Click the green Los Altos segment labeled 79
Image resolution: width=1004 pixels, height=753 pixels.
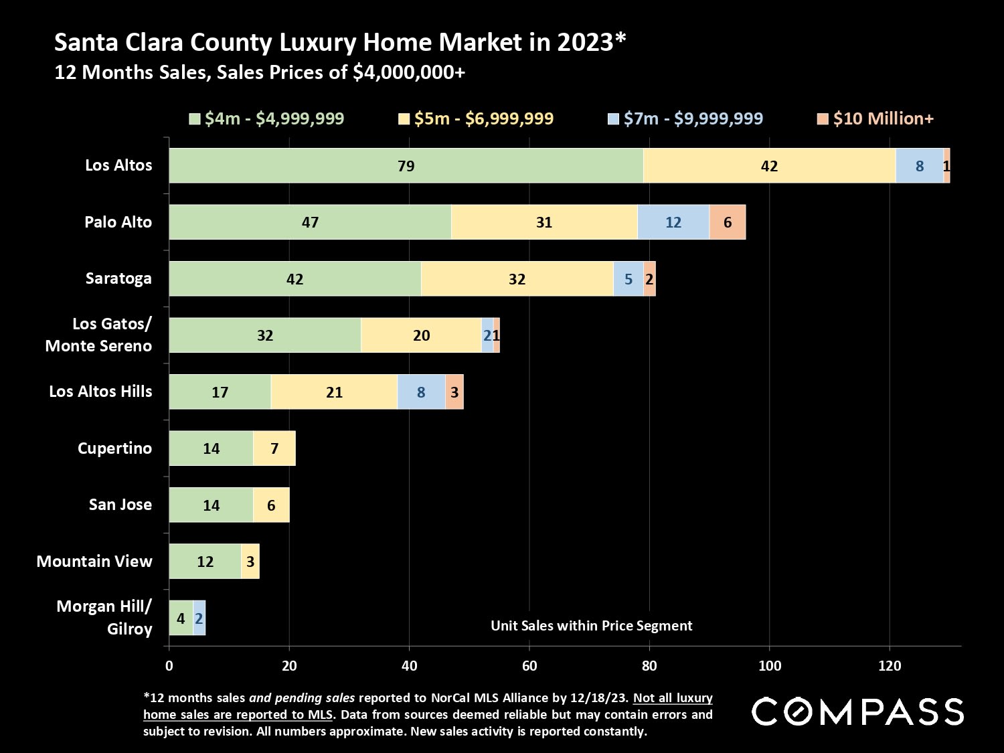(406, 165)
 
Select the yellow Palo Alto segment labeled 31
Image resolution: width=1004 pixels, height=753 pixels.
(543, 222)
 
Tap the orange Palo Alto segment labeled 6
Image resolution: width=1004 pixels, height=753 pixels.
(728, 222)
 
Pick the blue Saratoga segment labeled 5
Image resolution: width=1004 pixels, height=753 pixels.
(628, 278)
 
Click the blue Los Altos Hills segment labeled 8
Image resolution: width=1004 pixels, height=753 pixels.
(421, 392)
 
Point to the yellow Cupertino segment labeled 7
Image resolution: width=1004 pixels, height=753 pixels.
(274, 448)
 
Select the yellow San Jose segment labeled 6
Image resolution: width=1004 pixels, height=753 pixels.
(271, 505)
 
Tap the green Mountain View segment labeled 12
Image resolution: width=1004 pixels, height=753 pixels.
(205, 562)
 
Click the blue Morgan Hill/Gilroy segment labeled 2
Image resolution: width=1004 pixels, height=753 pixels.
(199, 618)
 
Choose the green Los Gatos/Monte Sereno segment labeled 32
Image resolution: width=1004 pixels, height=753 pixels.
(265, 335)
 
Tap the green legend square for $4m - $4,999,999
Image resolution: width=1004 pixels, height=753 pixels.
(195, 119)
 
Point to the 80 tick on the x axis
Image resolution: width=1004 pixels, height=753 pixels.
(649, 665)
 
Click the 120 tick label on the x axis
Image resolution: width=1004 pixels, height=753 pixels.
(890, 665)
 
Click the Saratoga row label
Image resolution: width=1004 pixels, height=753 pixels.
(118, 278)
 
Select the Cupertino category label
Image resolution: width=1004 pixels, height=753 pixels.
(114, 448)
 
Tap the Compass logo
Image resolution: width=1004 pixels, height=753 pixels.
(857, 712)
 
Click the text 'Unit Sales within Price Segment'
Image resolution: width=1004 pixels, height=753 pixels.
(591, 626)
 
